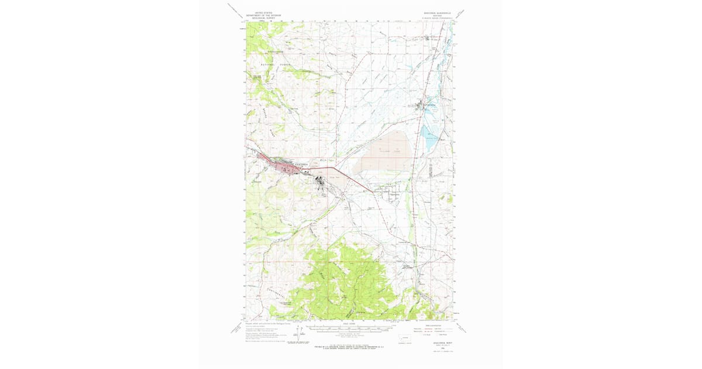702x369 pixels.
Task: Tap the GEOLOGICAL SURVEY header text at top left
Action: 263,19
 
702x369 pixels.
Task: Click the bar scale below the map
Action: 349,329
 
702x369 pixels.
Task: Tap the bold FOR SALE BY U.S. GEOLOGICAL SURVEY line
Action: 349,347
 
